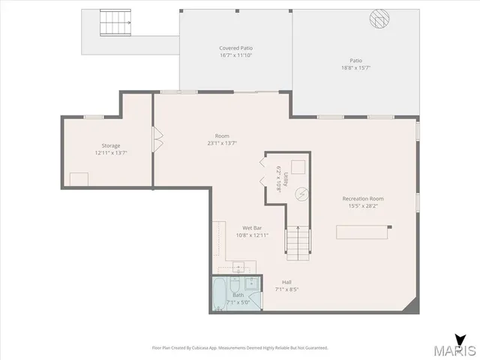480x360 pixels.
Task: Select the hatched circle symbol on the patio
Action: [379, 18]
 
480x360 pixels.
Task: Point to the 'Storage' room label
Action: [111, 145]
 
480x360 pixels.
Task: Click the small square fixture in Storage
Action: [79, 179]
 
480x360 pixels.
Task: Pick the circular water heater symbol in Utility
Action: [301, 193]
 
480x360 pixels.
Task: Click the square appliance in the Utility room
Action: [298, 166]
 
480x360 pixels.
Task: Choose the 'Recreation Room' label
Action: [363, 199]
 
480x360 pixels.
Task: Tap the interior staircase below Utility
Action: [298, 242]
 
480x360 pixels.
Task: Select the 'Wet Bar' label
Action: [251, 228]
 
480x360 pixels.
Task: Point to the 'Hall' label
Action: [286, 282]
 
